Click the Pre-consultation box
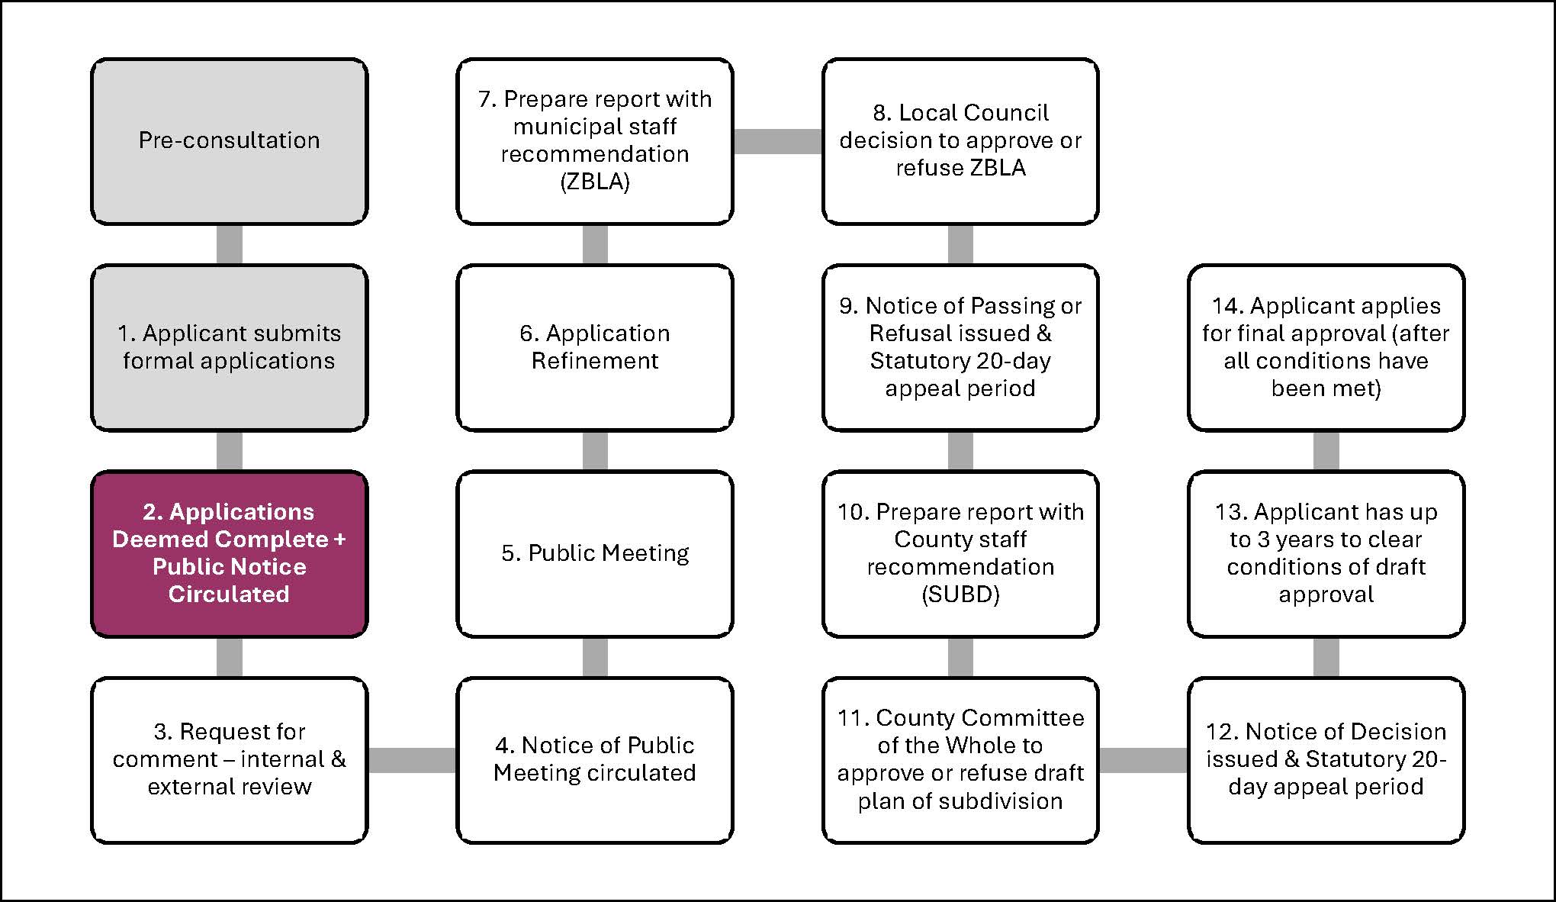pyautogui.click(x=229, y=141)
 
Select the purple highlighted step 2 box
pyautogui.click(x=229, y=553)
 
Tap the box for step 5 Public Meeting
pyautogui.click(x=595, y=553)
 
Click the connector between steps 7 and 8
pyautogui.click(x=777, y=141)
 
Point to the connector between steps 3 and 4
pyautogui.click(x=412, y=760)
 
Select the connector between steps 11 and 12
pyautogui.click(x=1143, y=760)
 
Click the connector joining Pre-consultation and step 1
pyautogui.click(x=229, y=244)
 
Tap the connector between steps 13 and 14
pyautogui.click(x=1326, y=450)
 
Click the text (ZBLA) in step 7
pyautogui.click(x=595, y=182)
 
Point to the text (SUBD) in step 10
pyautogui.click(x=960, y=594)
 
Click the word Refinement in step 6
pyautogui.click(x=595, y=361)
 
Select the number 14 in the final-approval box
pyautogui.click(x=1226, y=306)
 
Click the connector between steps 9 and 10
pyautogui.click(x=960, y=450)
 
